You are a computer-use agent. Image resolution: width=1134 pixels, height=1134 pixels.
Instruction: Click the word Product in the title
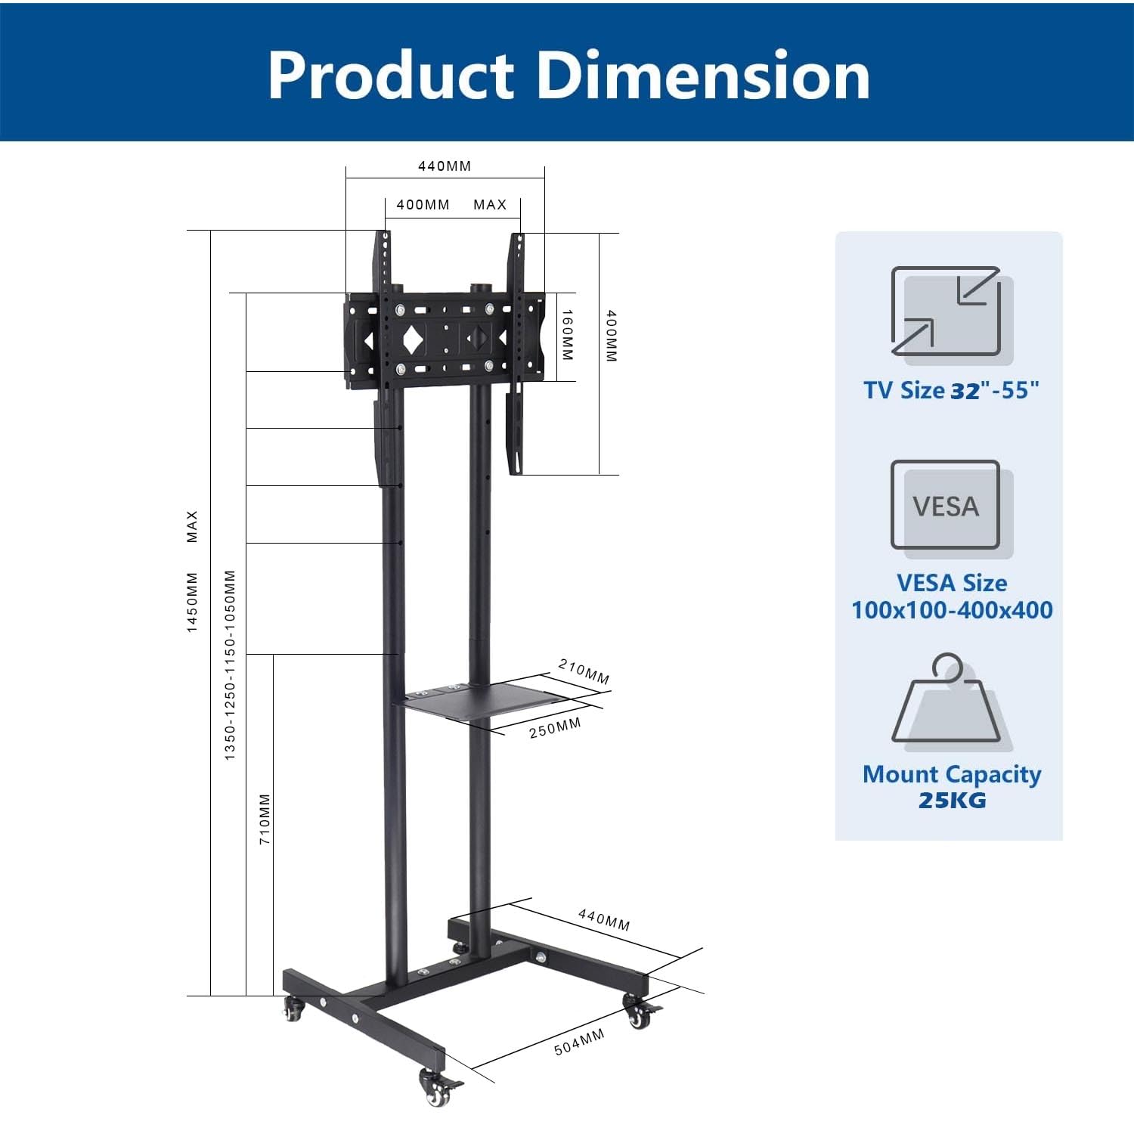click(391, 76)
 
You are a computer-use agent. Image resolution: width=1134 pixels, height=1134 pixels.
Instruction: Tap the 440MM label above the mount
click(445, 166)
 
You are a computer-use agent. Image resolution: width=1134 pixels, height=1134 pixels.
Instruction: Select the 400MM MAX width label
click(451, 205)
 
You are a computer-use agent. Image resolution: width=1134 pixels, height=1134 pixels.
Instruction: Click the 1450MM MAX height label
click(192, 572)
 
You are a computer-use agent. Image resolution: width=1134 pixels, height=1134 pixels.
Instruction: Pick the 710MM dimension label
click(265, 819)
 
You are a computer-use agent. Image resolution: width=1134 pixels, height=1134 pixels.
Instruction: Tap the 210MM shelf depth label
click(584, 671)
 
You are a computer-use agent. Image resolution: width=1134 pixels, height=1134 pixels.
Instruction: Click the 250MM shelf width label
click(555, 728)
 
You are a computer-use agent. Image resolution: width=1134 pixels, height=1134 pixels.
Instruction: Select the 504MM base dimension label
click(579, 1042)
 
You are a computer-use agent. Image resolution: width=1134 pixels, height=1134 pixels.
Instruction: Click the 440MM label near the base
click(604, 919)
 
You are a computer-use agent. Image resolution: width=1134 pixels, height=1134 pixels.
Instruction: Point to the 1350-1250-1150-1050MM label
click(231, 665)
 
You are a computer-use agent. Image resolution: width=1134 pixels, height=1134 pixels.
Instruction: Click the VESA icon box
click(946, 505)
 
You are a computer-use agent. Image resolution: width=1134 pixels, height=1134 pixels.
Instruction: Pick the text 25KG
click(952, 801)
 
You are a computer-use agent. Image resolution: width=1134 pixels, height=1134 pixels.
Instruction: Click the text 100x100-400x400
click(952, 610)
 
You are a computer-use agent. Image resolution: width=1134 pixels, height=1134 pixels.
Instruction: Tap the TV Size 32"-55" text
click(952, 391)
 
